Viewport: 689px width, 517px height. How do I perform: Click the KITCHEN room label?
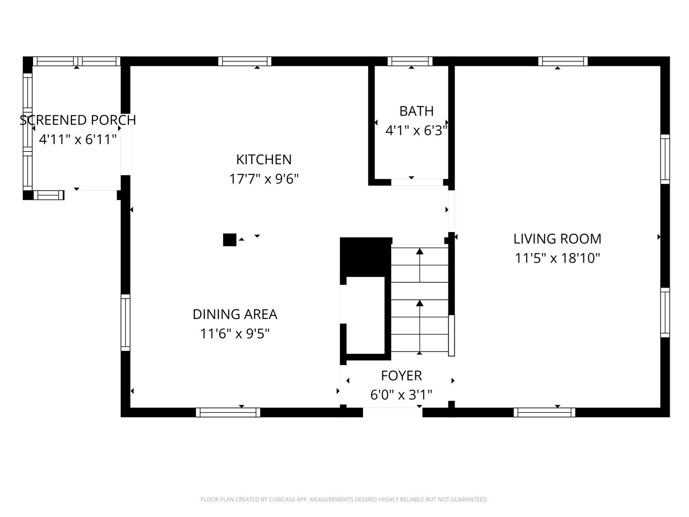click(264, 160)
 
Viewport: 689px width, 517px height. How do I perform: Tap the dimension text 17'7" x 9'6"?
click(264, 179)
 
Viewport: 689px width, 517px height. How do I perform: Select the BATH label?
click(416, 111)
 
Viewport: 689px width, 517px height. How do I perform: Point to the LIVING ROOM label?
click(557, 239)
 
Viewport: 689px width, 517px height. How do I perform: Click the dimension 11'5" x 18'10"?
click(557, 258)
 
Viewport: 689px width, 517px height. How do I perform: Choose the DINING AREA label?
click(235, 314)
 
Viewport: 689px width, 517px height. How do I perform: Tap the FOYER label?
click(401, 376)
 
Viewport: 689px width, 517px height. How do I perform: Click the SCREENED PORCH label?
click(78, 120)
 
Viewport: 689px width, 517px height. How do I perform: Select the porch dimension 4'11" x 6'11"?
click(78, 139)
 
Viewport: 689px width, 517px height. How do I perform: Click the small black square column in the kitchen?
click(229, 240)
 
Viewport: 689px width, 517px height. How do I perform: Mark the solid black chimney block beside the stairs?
click(365, 257)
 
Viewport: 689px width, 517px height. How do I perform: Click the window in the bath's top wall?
click(410, 61)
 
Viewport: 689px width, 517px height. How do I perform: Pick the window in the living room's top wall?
click(563, 61)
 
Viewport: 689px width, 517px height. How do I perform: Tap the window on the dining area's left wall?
click(125, 322)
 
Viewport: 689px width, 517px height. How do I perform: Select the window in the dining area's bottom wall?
click(228, 412)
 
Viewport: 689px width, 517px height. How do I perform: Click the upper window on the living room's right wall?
click(665, 159)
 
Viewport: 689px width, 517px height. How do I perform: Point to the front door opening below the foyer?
click(392, 412)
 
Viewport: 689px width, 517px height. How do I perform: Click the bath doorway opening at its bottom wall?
click(417, 182)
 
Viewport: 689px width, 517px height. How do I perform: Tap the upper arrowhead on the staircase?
click(420, 251)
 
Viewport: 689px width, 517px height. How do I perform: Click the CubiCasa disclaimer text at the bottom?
click(344, 499)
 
